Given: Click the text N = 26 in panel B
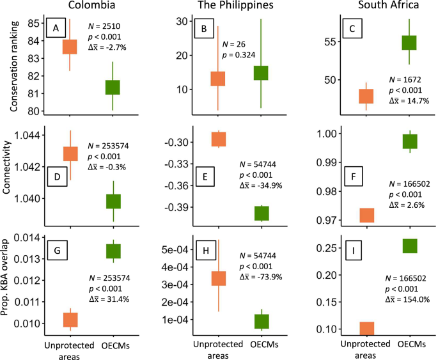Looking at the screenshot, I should (x=233, y=45).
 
